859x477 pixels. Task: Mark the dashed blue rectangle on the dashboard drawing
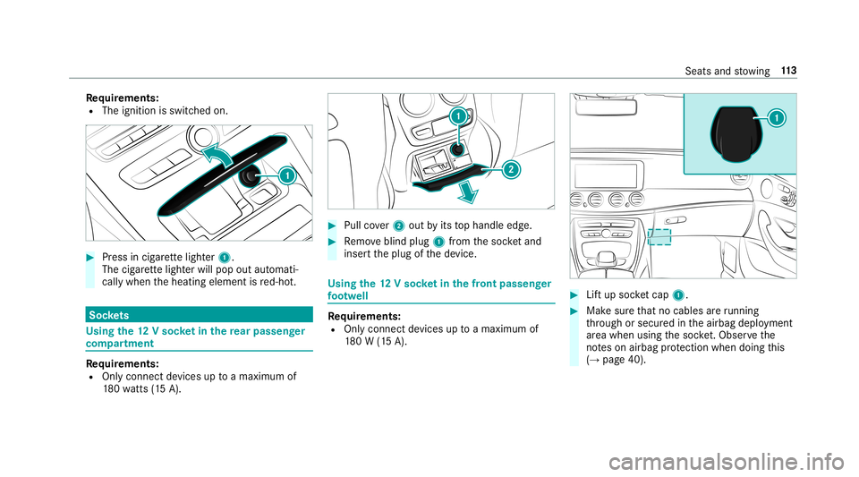click(x=659, y=236)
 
